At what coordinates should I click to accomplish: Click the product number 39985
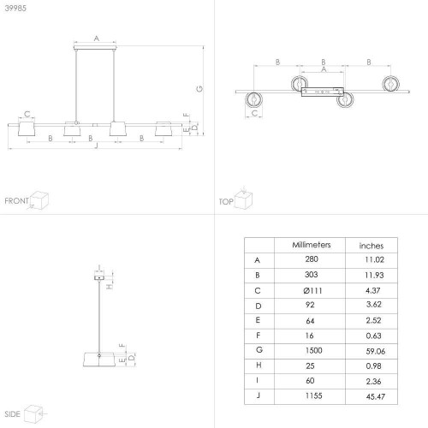[15, 8]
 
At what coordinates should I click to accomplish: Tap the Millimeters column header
[312, 245]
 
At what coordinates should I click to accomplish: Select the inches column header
[372, 246]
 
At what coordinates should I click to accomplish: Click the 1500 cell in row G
[313, 350]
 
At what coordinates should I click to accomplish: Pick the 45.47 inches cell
[376, 396]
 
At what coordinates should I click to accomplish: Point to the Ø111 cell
[312, 290]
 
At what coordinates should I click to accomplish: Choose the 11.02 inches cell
[374, 259]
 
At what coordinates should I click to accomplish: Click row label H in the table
[259, 365]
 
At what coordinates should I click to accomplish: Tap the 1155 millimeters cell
[313, 395]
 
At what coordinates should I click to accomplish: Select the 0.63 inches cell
[373, 336]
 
